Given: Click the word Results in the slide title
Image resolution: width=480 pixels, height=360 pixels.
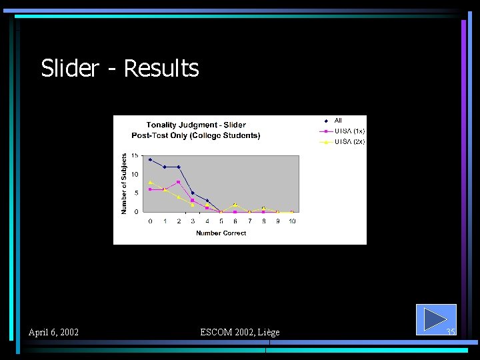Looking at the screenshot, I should click(x=161, y=68).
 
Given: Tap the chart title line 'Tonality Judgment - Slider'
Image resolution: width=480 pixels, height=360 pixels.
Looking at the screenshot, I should click(x=196, y=125).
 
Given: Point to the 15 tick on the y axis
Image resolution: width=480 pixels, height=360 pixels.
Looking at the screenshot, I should click(x=135, y=155).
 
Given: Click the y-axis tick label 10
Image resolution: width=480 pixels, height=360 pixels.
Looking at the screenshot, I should click(x=135, y=175).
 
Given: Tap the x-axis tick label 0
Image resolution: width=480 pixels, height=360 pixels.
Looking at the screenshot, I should click(x=150, y=221).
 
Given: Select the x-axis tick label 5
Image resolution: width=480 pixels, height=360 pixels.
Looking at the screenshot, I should click(x=221, y=221).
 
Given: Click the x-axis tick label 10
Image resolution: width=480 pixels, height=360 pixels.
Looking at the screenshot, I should click(x=292, y=221).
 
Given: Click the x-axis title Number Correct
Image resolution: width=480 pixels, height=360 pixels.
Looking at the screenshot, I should click(x=221, y=233).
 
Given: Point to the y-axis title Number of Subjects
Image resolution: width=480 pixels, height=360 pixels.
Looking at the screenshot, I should click(x=123, y=183).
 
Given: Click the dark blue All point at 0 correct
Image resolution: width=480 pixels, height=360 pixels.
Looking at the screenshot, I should click(x=150, y=159).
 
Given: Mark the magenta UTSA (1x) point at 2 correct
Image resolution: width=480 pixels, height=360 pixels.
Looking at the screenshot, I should click(x=179, y=182).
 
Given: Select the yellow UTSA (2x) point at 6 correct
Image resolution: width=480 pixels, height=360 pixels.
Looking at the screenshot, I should click(x=235, y=204).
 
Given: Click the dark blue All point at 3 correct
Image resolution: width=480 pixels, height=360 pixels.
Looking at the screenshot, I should click(x=193, y=193).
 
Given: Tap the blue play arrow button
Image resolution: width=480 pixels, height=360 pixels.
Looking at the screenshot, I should click(x=435, y=319).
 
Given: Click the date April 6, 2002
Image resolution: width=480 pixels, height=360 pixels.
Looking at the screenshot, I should click(x=53, y=332).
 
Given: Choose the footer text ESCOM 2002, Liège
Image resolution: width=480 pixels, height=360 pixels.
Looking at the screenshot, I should click(x=240, y=332).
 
